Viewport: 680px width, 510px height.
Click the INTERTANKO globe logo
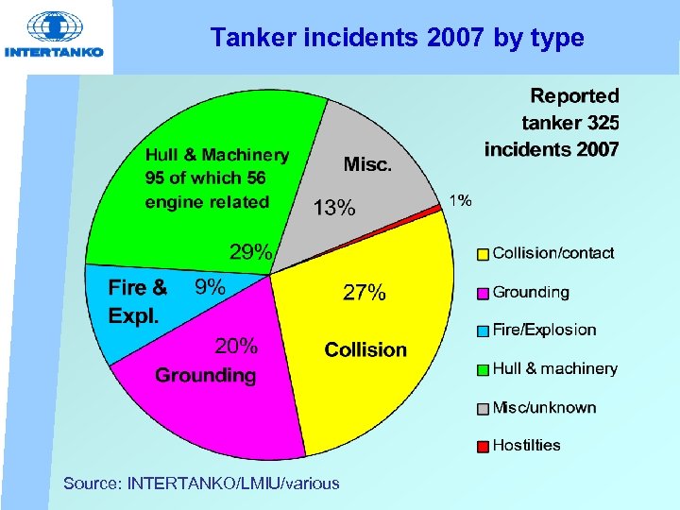point(54,27)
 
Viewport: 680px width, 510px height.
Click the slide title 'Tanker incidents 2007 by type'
point(398,38)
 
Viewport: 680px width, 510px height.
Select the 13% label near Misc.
point(334,208)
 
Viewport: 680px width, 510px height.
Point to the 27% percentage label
point(364,294)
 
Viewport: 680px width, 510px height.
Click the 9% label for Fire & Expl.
point(210,287)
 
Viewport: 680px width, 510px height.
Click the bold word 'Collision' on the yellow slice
point(365,349)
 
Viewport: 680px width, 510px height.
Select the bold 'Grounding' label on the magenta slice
point(206,375)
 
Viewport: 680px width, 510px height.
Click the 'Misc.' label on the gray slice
point(367,164)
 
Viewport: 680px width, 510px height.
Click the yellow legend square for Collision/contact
point(483,254)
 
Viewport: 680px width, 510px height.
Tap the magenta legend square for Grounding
point(483,293)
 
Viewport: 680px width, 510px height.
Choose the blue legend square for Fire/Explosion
point(483,331)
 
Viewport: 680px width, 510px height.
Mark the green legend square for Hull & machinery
point(483,369)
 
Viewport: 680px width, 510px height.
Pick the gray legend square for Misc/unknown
point(483,408)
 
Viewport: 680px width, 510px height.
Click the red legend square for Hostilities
point(483,446)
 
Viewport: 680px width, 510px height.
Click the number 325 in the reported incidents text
point(602,122)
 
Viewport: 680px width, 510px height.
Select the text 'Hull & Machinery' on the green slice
point(217,155)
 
